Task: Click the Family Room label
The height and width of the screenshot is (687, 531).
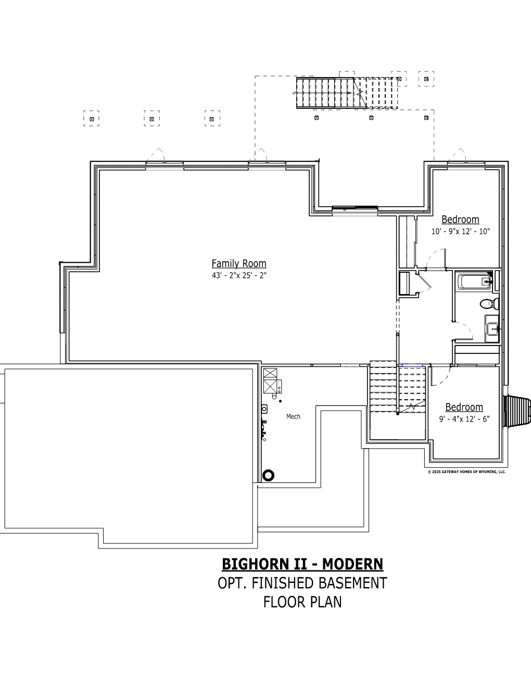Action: tap(239, 263)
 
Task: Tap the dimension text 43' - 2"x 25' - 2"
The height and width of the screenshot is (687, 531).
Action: tap(239, 275)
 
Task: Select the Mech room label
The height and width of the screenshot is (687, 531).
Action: tap(293, 417)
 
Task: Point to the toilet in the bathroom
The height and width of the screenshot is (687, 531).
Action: tap(489, 304)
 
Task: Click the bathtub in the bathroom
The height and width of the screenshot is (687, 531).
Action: tap(474, 282)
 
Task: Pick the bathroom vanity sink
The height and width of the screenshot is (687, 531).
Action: tap(492, 329)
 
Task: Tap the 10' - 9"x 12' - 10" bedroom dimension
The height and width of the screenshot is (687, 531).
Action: tap(461, 232)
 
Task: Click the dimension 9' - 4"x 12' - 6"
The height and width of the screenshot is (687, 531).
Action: tap(464, 419)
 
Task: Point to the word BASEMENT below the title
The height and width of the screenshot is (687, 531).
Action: tap(352, 583)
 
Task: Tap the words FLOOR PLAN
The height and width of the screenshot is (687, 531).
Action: tap(302, 602)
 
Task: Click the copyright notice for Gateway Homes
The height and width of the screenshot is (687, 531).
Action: tap(467, 472)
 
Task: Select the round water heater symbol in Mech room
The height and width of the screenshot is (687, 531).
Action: tap(269, 475)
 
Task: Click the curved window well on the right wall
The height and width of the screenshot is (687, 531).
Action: tap(517, 411)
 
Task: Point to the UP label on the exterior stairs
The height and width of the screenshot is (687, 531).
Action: tap(295, 93)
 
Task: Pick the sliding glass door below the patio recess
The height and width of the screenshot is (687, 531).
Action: tap(355, 208)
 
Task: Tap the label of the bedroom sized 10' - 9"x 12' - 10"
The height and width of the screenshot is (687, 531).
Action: tap(460, 220)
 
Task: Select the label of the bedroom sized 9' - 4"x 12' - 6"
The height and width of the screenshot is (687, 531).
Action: tap(464, 407)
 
